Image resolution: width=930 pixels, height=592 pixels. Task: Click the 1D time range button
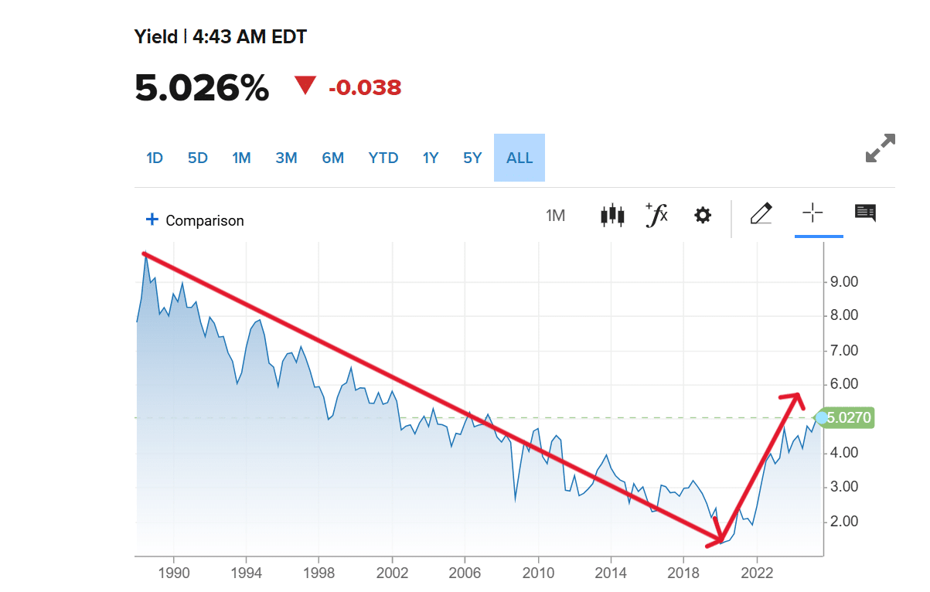[x=155, y=158]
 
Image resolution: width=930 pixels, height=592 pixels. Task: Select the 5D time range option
[x=198, y=158]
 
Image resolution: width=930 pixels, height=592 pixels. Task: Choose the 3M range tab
[x=286, y=158]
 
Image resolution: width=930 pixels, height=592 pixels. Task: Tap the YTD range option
[x=383, y=158]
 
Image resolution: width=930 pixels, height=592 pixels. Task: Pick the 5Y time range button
[x=472, y=158]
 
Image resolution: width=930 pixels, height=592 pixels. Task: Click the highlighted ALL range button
[x=520, y=158]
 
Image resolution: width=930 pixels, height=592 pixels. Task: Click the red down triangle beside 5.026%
[x=305, y=86]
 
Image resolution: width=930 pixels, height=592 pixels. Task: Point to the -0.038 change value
[x=365, y=87]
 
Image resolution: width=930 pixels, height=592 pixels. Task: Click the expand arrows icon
[x=880, y=148]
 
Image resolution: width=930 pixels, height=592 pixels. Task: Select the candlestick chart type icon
[x=612, y=215]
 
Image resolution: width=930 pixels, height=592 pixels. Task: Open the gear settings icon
[x=703, y=215]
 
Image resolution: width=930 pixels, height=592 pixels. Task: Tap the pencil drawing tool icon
[x=761, y=213]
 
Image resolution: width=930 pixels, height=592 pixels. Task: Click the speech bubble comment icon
[x=865, y=213]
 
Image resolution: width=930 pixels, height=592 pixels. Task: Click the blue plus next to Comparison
[x=152, y=219]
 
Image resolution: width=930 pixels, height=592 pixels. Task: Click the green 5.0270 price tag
[x=848, y=418]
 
